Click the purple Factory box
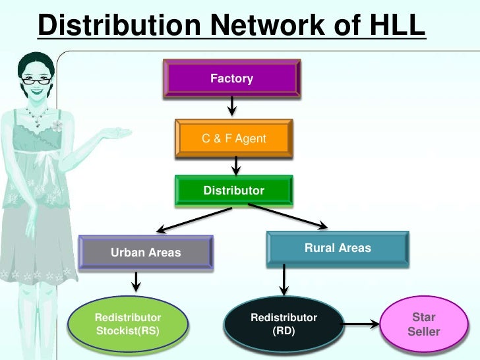click(x=231, y=79)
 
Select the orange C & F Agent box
click(x=233, y=138)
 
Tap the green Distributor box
click(x=233, y=191)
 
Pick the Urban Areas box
click(x=146, y=252)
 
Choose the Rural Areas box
click(x=338, y=249)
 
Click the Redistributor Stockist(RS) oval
click(x=128, y=324)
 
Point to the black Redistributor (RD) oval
click(x=284, y=324)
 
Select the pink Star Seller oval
click(x=423, y=324)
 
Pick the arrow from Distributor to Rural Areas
click(x=287, y=216)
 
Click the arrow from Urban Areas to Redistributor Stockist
click(x=136, y=282)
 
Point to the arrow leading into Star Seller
click(x=362, y=324)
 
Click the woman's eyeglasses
click(x=36, y=80)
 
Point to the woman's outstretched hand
click(x=118, y=134)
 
